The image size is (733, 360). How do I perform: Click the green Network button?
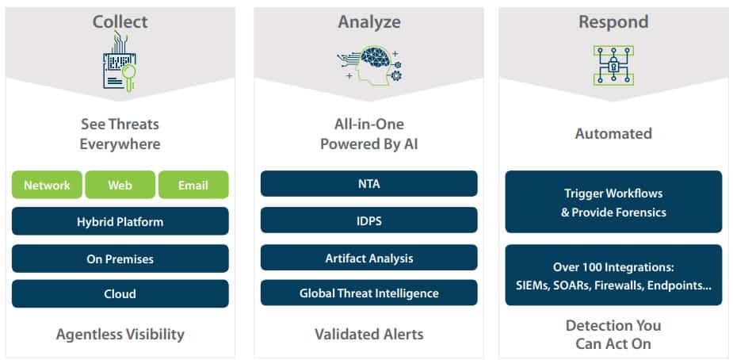(x=47, y=185)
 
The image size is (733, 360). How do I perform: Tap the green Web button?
(x=120, y=185)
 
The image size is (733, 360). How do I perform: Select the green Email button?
(x=193, y=185)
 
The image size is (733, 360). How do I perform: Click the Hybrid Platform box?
(x=120, y=221)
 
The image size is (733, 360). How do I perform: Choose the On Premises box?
(x=120, y=259)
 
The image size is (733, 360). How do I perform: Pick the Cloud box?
(x=120, y=293)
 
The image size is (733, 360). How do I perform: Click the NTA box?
(x=368, y=184)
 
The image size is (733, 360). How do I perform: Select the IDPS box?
(x=368, y=220)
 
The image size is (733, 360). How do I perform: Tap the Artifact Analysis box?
(x=368, y=258)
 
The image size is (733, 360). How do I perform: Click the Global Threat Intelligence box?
(x=368, y=293)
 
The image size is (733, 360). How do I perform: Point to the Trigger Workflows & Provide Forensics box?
(x=613, y=201)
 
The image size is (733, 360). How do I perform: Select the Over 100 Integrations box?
(x=613, y=275)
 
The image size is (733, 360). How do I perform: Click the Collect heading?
(x=120, y=22)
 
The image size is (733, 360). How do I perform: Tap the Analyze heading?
(x=369, y=22)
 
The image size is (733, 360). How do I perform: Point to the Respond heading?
(x=613, y=22)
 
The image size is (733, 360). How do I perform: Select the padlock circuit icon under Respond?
(x=613, y=66)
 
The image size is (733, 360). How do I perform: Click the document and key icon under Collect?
(x=119, y=61)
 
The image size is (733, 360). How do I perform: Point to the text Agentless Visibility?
(x=120, y=335)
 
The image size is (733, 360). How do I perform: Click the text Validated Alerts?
(x=368, y=335)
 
